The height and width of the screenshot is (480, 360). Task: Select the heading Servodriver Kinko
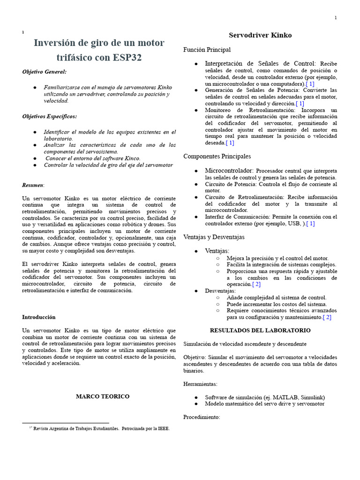point(260,35)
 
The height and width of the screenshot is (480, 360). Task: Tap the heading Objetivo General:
point(45,72)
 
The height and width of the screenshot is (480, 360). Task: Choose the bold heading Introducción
point(39,317)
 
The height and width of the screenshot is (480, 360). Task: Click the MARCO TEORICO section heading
point(103,397)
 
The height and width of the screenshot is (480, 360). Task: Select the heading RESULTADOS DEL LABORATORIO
point(260,330)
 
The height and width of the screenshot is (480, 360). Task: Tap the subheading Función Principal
point(207,50)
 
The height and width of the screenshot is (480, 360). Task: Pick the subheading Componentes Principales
point(217,156)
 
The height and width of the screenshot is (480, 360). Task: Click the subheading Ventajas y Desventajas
point(214,237)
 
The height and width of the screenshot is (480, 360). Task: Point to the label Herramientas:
point(200,384)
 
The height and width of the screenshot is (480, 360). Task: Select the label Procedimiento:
point(202,417)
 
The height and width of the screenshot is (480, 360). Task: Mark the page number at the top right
point(336,18)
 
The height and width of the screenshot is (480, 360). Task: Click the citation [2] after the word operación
point(256,284)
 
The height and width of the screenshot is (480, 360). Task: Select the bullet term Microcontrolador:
point(229,171)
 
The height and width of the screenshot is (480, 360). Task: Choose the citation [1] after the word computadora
point(310,83)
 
